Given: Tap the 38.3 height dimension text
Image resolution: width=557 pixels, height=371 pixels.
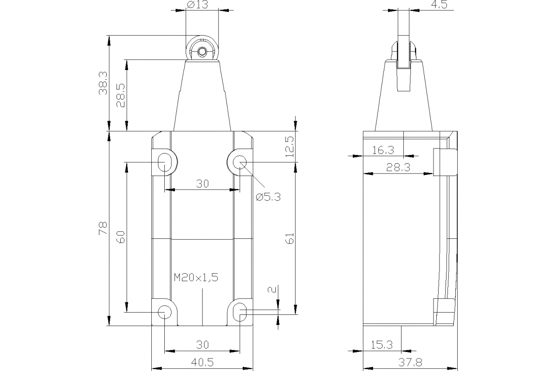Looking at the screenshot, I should click(x=103, y=83).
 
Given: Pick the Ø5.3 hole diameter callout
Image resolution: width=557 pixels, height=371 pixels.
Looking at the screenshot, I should click(x=268, y=197).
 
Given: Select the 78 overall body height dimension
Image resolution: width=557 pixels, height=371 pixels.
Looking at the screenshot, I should click(x=103, y=228).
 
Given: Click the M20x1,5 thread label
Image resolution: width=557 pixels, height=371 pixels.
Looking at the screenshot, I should click(x=196, y=277).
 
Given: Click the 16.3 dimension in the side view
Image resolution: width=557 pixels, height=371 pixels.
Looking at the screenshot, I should click(x=383, y=150).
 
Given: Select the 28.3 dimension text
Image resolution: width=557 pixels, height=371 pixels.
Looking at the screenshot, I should click(x=398, y=168).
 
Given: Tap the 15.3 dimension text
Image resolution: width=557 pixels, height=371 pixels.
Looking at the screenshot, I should click(x=382, y=345).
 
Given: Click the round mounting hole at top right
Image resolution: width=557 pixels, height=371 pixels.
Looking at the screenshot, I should click(x=240, y=162).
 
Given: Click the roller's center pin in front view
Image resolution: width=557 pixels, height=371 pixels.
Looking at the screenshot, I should click(x=202, y=52).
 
